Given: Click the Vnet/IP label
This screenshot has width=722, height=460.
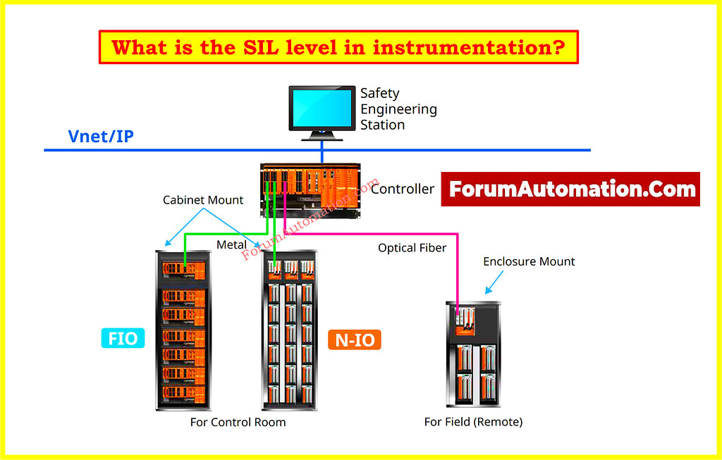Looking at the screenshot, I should pos(100,136).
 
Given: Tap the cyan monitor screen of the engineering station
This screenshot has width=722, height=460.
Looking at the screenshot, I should pos(322,106).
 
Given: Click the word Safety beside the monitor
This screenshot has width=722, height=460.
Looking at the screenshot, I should pos(379,93).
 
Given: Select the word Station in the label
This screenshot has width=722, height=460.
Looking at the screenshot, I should pos(382,125).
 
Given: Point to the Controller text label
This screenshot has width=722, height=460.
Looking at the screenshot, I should pos(403,189).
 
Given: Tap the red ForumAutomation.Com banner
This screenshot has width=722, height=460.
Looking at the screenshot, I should pos(570,189).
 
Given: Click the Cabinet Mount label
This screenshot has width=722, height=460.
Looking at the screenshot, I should pos(203,200).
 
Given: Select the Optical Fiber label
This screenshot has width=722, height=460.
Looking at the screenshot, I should pos(412,248).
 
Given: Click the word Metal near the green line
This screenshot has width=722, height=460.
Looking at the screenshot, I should pos(231,244).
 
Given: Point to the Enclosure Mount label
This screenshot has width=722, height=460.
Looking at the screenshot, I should pos(529,261).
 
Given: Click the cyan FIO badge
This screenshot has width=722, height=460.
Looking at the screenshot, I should pos(123,338).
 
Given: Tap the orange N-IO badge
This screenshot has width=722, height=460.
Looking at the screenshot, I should pos(355,340).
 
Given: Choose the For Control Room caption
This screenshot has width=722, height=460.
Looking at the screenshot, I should pos(238,423).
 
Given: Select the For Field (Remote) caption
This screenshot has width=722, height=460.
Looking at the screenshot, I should pos(473,423).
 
